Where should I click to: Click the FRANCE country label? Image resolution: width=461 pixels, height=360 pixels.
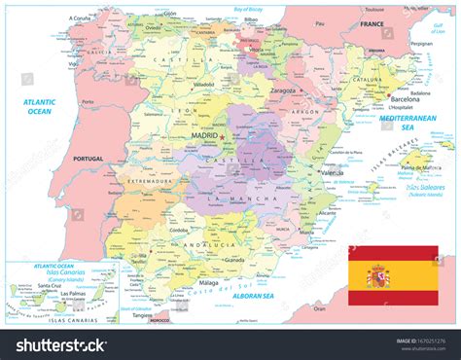click(x=372, y=23)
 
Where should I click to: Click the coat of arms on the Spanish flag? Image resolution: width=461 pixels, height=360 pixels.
click(x=376, y=281)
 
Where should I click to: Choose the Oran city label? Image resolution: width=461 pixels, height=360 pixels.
click(x=318, y=306)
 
